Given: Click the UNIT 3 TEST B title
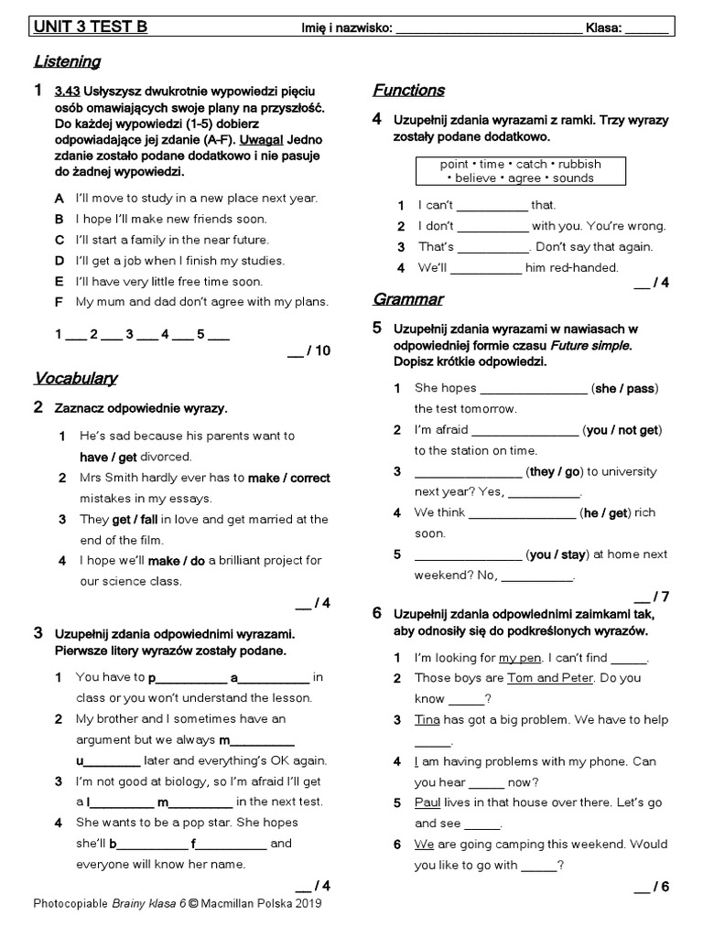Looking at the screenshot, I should pos(90,27).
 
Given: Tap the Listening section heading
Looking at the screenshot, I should pos(67,61).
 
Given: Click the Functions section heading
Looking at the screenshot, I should pos(408,90).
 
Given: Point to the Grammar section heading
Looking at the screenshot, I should pos(407,299).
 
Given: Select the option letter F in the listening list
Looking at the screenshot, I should pos(59,301).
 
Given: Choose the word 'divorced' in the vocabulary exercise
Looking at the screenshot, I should pos(166,457).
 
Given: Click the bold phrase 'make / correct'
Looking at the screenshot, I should pos(289,478).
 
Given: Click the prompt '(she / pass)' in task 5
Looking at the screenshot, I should pos(625,389).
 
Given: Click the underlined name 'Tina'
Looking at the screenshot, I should pos(427,720).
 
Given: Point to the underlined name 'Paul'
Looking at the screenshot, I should pos(427,802).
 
